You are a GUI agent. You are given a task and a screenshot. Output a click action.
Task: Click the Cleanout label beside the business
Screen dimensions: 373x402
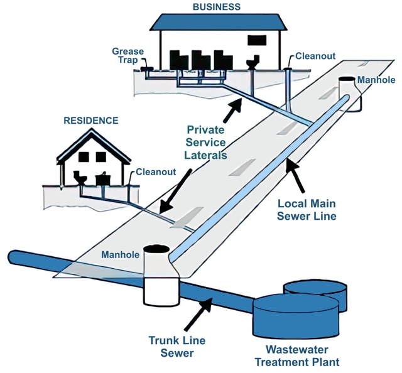coord(316,55)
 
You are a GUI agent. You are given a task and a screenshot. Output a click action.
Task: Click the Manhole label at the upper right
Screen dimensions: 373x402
coord(376,80)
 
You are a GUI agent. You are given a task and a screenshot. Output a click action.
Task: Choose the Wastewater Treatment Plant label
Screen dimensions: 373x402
coord(302,355)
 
